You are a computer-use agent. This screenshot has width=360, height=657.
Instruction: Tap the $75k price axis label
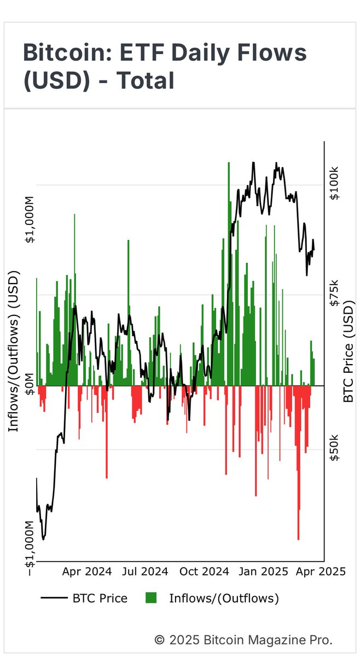pyautogui.click(x=334, y=293)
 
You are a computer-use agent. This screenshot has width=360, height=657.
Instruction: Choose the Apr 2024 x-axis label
pyautogui.click(x=87, y=571)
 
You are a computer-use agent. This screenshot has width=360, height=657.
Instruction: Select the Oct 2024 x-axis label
pyautogui.click(x=204, y=571)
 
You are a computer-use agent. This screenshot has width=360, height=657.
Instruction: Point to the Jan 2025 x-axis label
pyautogui.click(x=263, y=571)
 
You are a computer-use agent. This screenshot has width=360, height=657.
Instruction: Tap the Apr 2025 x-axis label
pyautogui.click(x=321, y=571)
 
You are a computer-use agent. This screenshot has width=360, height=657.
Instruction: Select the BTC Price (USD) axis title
pyautogui.click(x=350, y=350)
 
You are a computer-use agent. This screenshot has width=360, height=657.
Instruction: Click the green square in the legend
pyautogui.click(x=151, y=598)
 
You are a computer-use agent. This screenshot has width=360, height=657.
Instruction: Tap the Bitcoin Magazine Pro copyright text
pyautogui.click(x=243, y=639)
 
